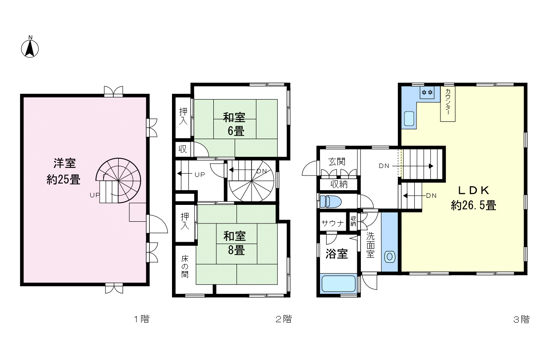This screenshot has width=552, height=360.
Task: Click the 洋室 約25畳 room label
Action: coord(64,171)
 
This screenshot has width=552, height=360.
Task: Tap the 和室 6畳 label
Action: coord(234,124)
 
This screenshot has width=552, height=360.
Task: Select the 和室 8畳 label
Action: coord(235,243)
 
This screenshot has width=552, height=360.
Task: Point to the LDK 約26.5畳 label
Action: coord(473,198)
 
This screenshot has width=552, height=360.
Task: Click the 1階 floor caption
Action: coord(141,319)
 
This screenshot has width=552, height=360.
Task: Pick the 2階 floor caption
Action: coord(284,319)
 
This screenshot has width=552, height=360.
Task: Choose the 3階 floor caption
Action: coord(521,320)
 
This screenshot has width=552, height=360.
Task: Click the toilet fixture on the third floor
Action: coord(331,201)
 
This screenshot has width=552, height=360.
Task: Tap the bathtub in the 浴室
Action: coord(339,284)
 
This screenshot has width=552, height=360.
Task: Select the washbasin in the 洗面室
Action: coord(390,257)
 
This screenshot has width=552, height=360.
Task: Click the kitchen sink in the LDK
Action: coord(409,119)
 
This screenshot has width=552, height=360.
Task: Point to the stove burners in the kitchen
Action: coord(427,92)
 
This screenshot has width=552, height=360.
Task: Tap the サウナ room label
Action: coord(332,223)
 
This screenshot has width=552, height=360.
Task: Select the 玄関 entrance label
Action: coord(337,162)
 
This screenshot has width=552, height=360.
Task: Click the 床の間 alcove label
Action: coord(185,266)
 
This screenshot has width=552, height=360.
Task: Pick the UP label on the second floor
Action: coord(200,175)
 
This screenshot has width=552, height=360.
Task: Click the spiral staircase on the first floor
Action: coord(118,180)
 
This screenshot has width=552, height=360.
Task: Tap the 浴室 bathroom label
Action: coord(336,253)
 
